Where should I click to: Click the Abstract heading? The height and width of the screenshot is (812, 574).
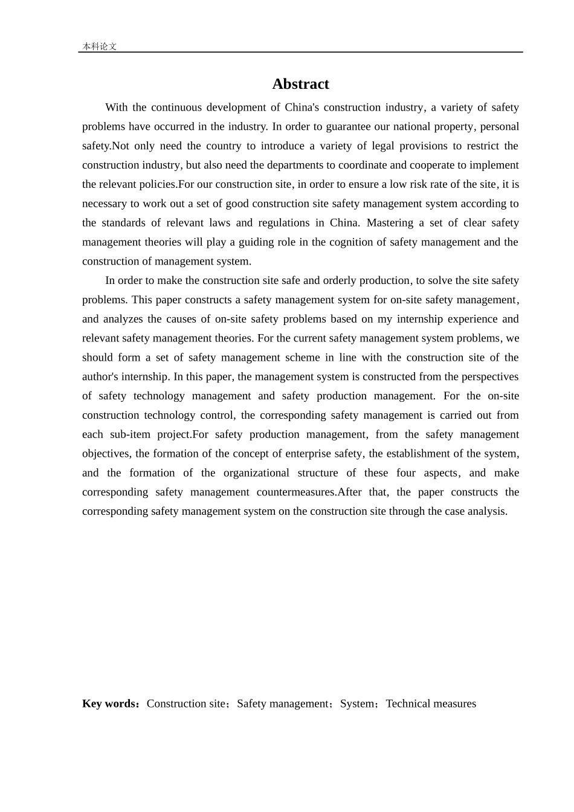[x=300, y=84]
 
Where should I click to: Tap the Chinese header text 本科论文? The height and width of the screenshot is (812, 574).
[x=99, y=47]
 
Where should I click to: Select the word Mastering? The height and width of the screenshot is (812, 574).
[x=390, y=223]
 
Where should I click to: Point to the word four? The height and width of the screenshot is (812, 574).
[x=406, y=473]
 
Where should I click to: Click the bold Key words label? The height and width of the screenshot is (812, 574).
[x=110, y=704]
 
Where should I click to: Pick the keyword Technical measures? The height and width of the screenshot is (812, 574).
[x=431, y=704]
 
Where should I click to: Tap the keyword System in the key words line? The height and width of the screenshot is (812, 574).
[x=357, y=704]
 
